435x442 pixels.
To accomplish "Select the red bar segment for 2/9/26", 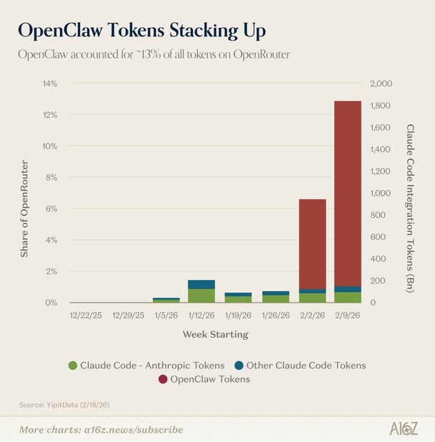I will pyautogui.click(x=347, y=193).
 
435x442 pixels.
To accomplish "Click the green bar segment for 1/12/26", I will pyautogui.click(x=201, y=295).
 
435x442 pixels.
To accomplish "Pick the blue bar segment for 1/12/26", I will pyautogui.click(x=201, y=284).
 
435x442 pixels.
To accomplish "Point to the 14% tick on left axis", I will pyautogui.click(x=49, y=84).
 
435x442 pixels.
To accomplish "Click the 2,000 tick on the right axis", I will pyautogui.click(x=382, y=84).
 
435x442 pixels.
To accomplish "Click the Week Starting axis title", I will pyautogui.click(x=215, y=334).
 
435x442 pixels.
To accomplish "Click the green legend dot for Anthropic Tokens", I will pyautogui.click(x=72, y=366).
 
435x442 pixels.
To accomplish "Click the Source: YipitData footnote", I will pyautogui.click(x=64, y=406).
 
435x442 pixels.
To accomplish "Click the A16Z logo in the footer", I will pyautogui.click(x=404, y=428).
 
